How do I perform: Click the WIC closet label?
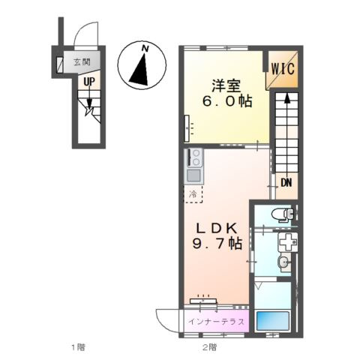coord(283,69)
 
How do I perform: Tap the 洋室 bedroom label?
coord(226,85)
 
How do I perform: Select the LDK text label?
coord(217,228)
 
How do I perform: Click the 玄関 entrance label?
coord(82,61)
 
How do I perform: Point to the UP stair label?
coord(89,82)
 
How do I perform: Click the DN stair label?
coord(286,183)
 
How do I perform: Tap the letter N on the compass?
coord(145,49)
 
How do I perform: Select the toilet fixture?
coord(282,214)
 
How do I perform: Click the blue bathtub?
coord(273,321)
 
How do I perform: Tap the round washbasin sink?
coord(283,262)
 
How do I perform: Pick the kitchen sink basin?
coord(193,175)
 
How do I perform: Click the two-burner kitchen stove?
coord(194,157)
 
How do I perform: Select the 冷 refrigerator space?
coord(193,193)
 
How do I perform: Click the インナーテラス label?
coord(216,322)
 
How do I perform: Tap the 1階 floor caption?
coord(79,347)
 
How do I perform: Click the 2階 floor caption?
coord(209,347)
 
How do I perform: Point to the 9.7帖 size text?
coord(217,243)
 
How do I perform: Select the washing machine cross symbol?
coord(287,241)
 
